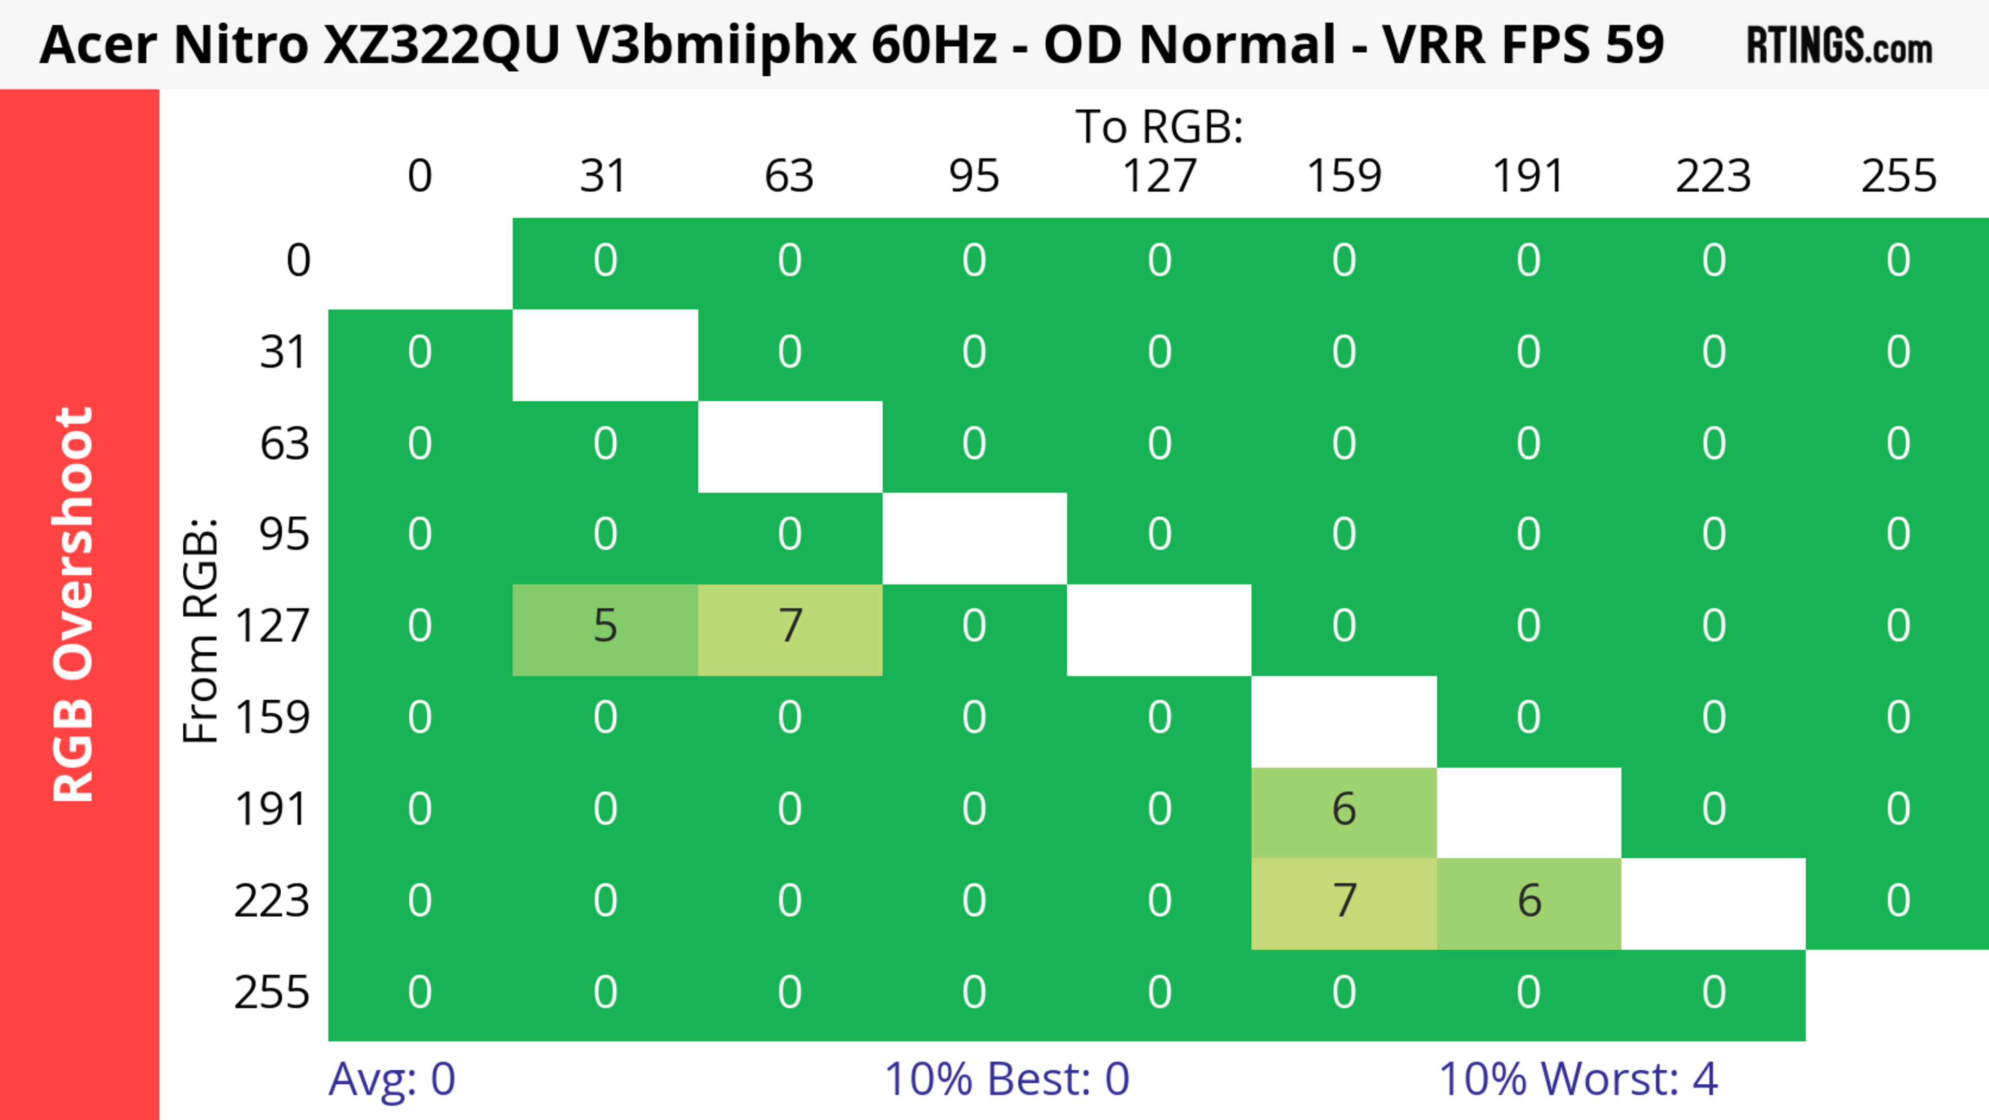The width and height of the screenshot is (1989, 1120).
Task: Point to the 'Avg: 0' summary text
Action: (x=392, y=1079)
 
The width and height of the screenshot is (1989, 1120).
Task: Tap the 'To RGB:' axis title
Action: (x=1159, y=126)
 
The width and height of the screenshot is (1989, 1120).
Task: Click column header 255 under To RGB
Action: (x=1899, y=176)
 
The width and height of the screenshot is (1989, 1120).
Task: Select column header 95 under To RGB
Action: (x=974, y=176)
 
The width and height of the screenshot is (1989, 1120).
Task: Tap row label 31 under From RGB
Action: (x=284, y=353)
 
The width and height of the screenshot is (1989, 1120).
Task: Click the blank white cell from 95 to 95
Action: (x=974, y=538)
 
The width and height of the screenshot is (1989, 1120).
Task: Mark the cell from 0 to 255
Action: (x=1899, y=262)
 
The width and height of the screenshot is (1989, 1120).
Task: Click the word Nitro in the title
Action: (x=241, y=45)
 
